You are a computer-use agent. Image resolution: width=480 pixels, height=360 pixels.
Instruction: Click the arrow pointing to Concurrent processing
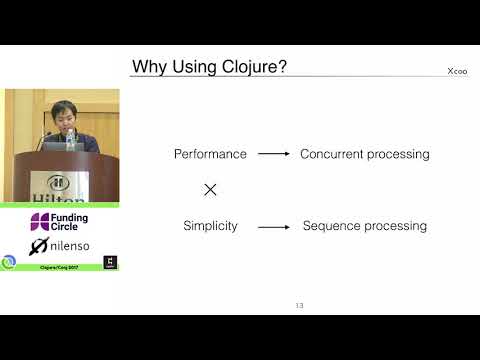[273, 154]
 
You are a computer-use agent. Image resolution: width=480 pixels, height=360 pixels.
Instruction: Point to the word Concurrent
[332, 154]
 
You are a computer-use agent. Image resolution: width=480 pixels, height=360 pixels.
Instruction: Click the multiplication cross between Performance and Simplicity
[210, 189]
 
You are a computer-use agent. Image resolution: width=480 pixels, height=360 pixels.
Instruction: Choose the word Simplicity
[210, 226]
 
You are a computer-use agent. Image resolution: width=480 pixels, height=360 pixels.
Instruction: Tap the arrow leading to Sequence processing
[273, 227]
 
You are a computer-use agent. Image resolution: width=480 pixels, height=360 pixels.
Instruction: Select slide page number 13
[299, 304]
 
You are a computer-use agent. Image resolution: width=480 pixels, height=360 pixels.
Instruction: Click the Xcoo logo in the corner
[457, 71]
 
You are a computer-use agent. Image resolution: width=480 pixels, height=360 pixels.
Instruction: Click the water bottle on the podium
[70, 140]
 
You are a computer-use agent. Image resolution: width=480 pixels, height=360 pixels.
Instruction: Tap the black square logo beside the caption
[110, 262]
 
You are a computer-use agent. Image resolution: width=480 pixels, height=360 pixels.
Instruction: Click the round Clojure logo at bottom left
[9, 262]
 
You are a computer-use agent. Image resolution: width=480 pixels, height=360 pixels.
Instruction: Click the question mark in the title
[286, 67]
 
